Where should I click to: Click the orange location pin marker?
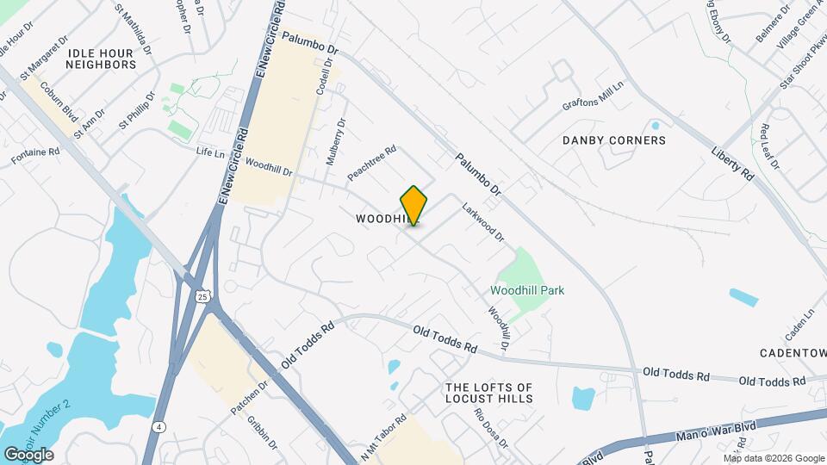click(413, 206)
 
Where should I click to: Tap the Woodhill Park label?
click(527, 290)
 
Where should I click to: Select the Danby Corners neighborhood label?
click(613, 139)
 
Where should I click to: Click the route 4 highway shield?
click(159, 426)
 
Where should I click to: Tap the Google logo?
click(28, 454)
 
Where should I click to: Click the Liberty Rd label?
click(732, 162)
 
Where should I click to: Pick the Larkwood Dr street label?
click(482, 221)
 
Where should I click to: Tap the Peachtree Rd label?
click(371, 162)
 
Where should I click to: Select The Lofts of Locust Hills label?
click(488, 393)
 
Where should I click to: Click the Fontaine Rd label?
click(35, 156)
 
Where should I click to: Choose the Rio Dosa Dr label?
click(491, 426)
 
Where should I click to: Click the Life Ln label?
click(210, 151)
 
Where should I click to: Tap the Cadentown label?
click(793, 353)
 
